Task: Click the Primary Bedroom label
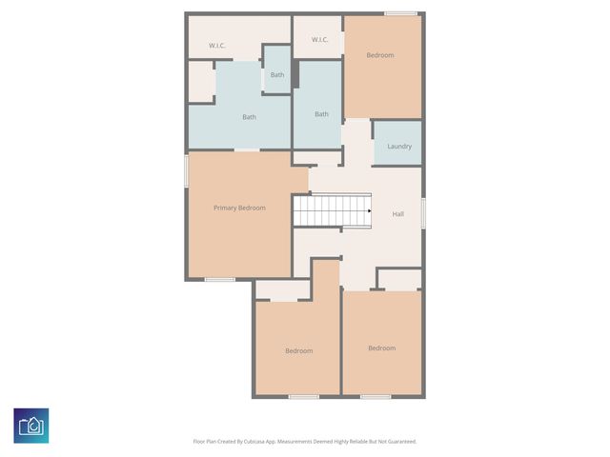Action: point(239,208)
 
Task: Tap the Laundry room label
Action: point(399,146)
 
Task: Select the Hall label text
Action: point(398,214)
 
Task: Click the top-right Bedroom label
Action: point(380,55)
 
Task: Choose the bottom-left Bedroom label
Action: point(298,350)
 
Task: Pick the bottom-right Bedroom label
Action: point(381,348)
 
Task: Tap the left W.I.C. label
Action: point(216,46)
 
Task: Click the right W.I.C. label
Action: point(319,39)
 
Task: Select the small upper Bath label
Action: point(277,74)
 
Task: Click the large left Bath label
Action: point(249,117)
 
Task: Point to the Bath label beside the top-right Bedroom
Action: point(321,114)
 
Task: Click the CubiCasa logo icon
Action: point(31,425)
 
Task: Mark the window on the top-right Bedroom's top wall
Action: point(400,12)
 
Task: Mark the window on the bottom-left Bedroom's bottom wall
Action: point(303,396)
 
